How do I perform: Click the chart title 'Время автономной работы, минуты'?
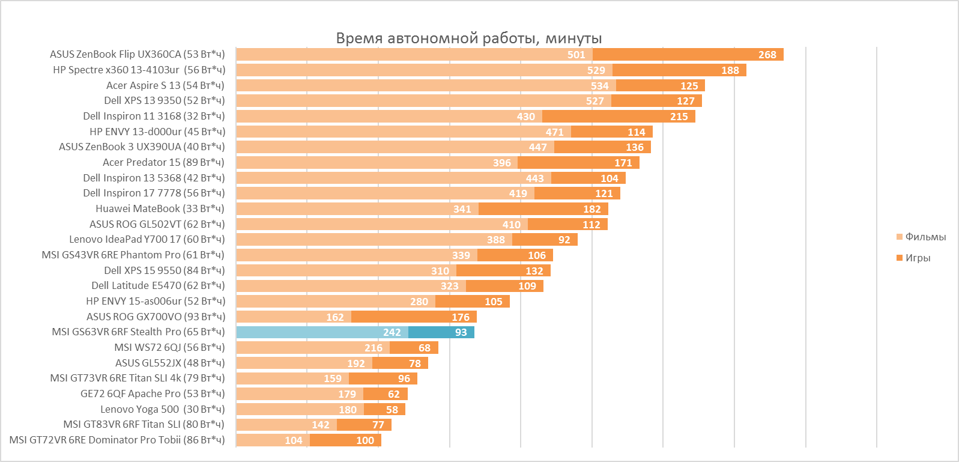(x=468, y=38)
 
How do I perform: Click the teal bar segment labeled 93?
(x=441, y=332)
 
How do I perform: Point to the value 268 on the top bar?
(x=767, y=55)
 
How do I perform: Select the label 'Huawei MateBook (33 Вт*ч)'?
(x=160, y=208)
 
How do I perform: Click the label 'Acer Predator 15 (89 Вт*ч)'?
(x=163, y=162)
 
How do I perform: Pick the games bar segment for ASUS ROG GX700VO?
(x=414, y=317)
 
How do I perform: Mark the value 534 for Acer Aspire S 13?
(x=599, y=86)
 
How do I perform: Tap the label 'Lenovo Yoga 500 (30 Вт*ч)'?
(x=162, y=409)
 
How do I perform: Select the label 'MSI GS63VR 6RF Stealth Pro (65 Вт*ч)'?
(x=138, y=332)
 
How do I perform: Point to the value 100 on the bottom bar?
(x=365, y=440)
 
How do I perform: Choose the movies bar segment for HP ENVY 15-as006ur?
(x=335, y=301)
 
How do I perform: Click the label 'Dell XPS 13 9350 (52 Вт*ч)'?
(x=164, y=100)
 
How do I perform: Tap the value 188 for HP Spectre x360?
(x=730, y=70)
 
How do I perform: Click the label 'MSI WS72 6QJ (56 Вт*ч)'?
(x=169, y=347)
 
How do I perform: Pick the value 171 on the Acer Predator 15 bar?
(x=623, y=163)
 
